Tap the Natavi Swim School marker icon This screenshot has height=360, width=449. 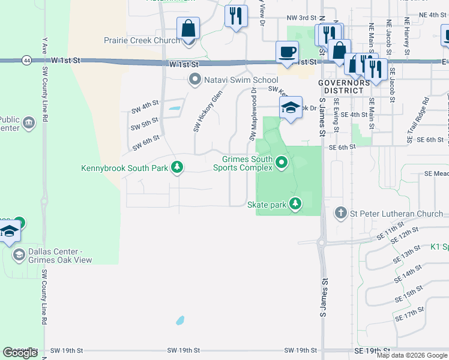(194, 79)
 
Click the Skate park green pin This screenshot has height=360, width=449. (295, 204)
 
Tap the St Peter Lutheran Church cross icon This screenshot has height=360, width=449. (341, 212)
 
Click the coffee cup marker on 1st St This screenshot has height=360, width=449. (287, 52)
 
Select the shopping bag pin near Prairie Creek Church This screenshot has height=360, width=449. (188, 28)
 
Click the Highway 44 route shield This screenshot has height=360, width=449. (26, 61)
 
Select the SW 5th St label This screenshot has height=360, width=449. (144, 125)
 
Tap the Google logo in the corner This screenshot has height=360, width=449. (20, 353)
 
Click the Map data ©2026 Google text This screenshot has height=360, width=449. (411, 355)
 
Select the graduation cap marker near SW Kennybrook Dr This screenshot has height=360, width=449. (290, 109)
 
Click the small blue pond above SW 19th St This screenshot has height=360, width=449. (180, 320)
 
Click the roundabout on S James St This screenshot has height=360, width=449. (322, 243)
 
